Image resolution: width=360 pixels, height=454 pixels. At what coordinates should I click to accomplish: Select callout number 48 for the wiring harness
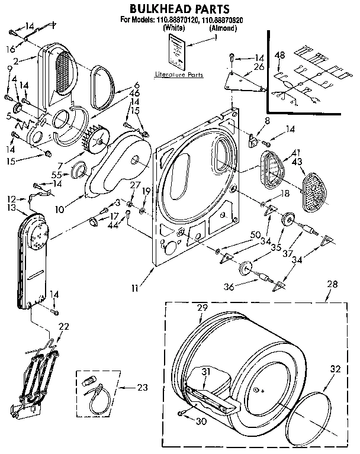(280, 55)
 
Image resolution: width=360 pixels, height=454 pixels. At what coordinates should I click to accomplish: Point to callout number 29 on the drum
(202, 308)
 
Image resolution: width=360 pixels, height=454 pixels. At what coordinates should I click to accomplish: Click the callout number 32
(335, 369)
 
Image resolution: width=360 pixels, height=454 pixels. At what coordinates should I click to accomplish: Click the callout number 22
(64, 326)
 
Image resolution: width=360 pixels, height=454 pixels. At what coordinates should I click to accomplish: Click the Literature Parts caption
(178, 75)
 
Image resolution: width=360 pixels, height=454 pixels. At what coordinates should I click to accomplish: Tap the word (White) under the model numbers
(172, 28)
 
